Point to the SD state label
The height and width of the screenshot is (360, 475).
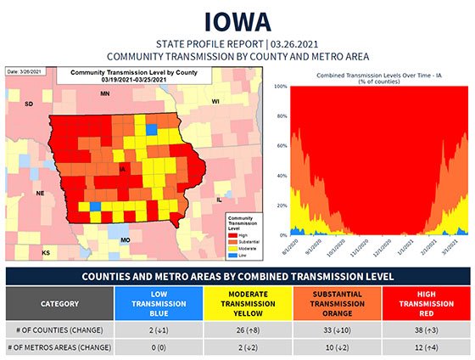(27, 104)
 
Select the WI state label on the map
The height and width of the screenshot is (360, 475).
(215, 101)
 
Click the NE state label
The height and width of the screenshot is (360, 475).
(39, 193)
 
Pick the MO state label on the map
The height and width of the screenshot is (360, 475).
(125, 240)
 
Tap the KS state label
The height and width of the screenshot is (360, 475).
(47, 252)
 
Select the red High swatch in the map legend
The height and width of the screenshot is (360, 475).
(229, 233)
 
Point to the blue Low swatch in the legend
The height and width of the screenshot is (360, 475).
(229, 253)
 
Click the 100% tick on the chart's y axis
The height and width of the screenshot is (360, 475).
(283, 87)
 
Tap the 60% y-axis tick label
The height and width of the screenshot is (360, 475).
(284, 146)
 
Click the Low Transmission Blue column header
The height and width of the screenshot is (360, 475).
(157, 303)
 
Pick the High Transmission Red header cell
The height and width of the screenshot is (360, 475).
(424, 303)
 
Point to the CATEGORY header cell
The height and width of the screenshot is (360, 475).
(59, 303)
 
